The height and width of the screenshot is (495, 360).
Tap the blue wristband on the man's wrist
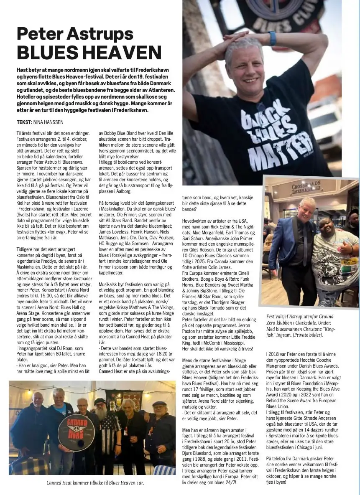point(273,38)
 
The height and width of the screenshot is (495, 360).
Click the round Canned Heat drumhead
point(76,432)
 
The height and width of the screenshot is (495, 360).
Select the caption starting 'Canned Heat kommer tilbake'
point(95,483)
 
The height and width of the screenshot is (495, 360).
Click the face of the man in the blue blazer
point(307,208)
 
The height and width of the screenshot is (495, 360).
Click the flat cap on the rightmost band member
point(159,404)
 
